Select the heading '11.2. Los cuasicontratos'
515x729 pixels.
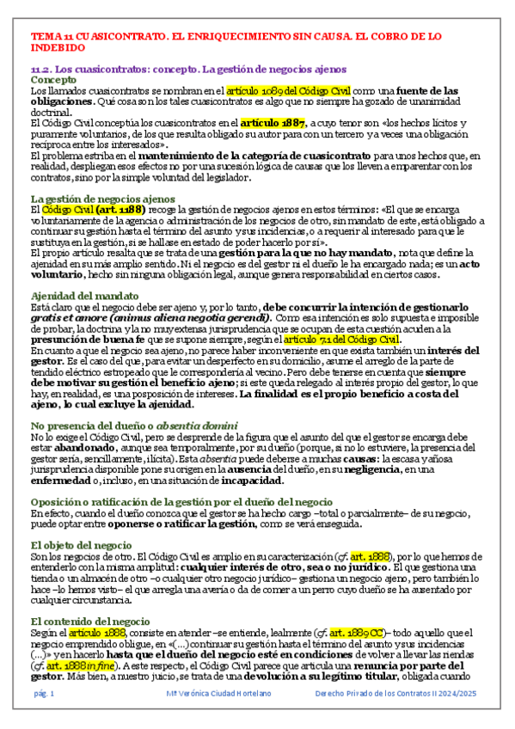pyautogui.click(x=188, y=68)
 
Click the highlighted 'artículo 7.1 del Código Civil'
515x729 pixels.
pyautogui.click(x=332, y=340)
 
